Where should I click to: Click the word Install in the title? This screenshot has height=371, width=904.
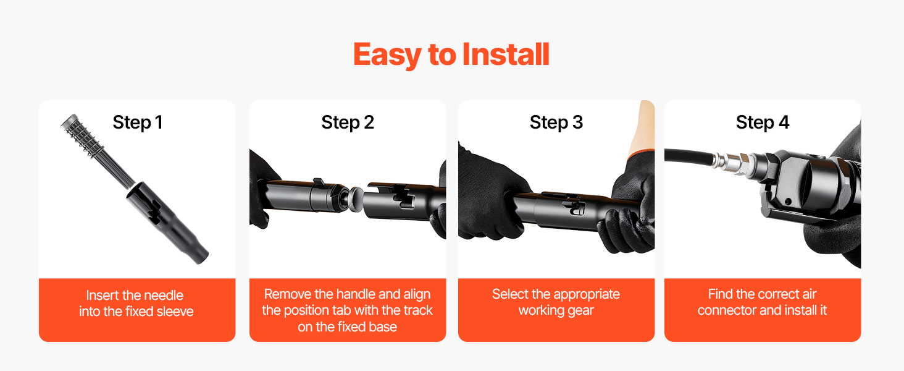tap(506, 54)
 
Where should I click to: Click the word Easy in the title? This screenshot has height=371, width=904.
tap(387, 56)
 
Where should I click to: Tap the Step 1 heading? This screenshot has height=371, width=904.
tap(138, 122)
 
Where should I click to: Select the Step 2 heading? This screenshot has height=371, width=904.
tap(348, 122)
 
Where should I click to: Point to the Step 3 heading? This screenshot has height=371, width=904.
tap(556, 122)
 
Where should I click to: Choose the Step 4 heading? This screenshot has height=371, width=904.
tap(763, 122)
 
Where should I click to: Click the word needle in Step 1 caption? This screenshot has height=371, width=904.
tap(164, 296)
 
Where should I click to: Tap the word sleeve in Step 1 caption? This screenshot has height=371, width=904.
tap(175, 312)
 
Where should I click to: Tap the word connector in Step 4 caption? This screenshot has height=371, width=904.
tap(727, 310)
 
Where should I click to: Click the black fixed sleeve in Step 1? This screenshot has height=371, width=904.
tap(166, 222)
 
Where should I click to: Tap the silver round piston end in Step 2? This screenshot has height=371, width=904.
tap(356, 199)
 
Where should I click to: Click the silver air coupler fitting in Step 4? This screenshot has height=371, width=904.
tap(732, 164)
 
